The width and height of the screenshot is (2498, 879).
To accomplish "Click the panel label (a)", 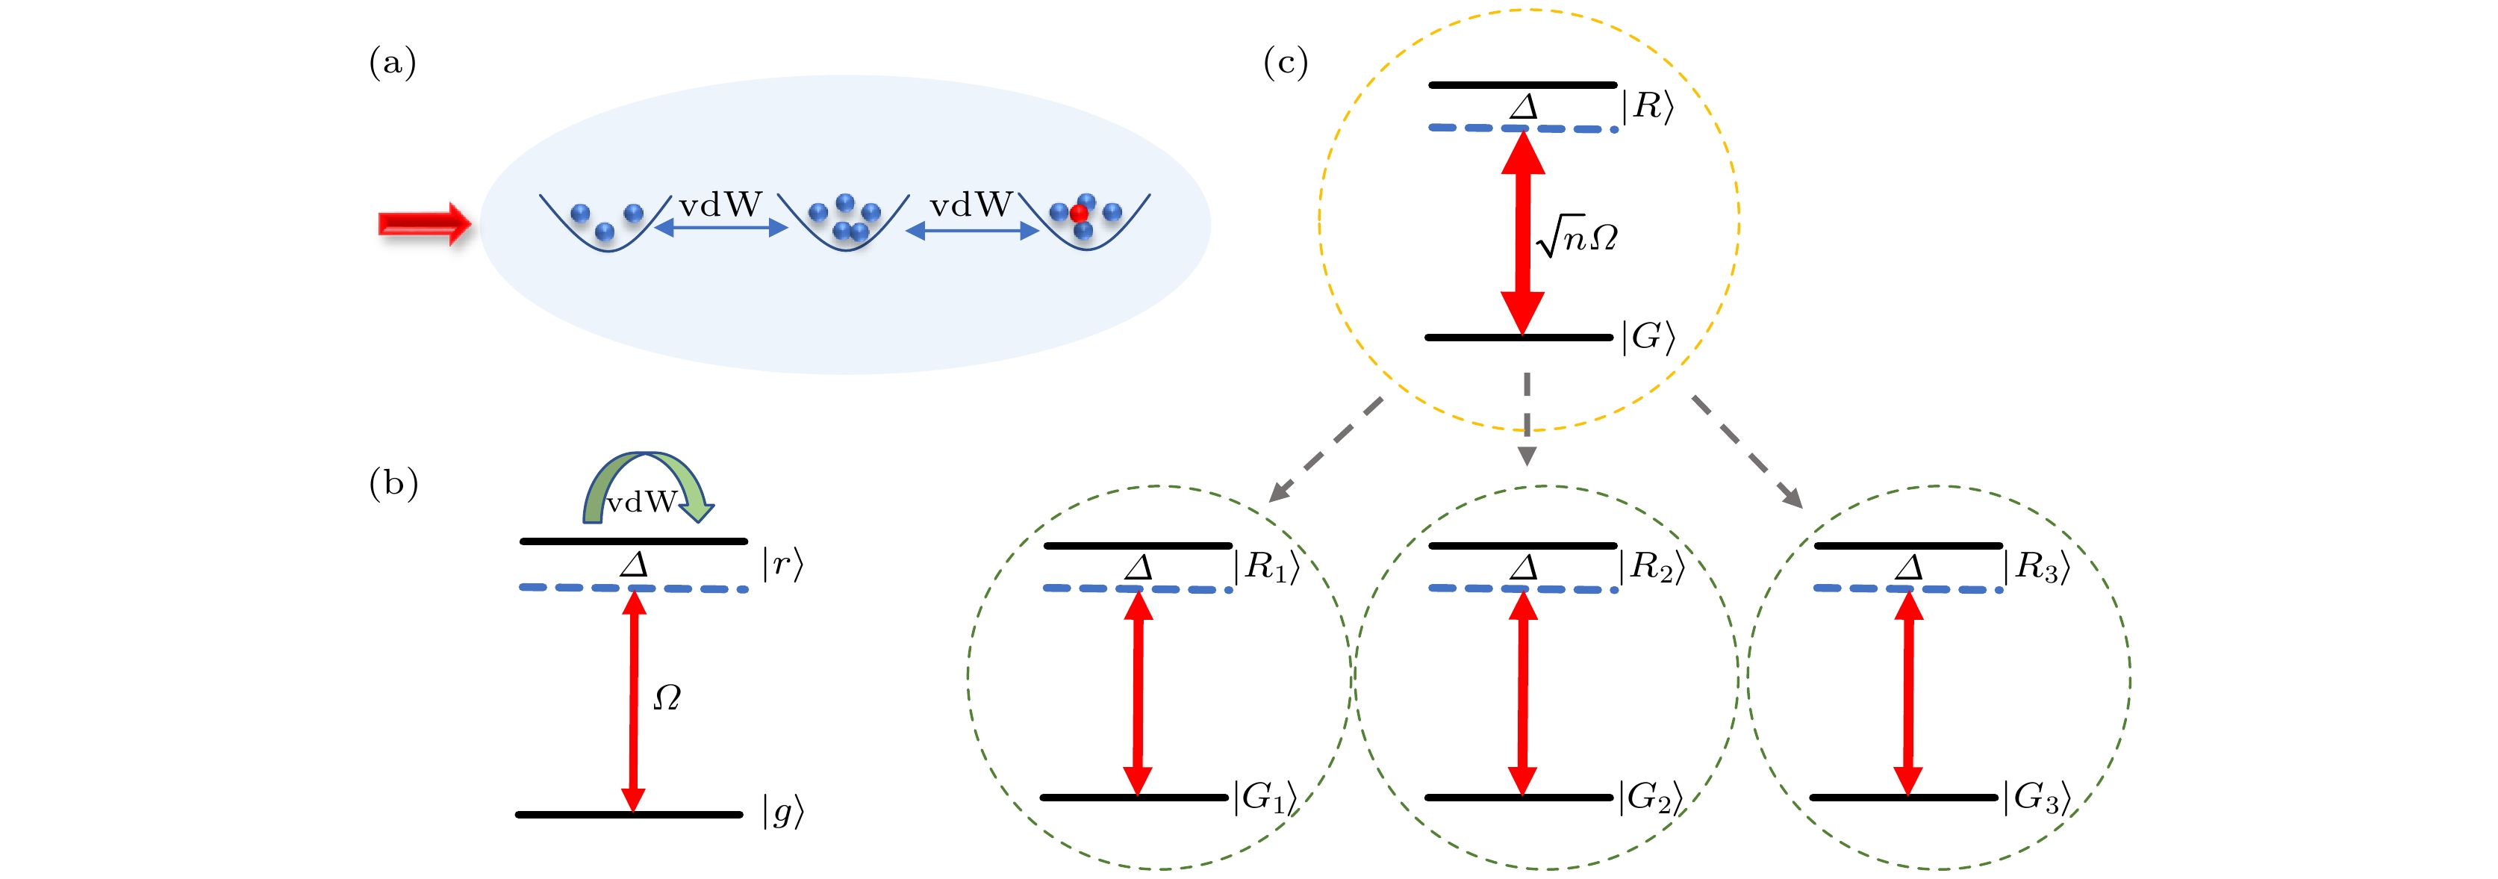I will click(x=393, y=63).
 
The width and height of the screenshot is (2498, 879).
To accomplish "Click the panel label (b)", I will click(x=393, y=482).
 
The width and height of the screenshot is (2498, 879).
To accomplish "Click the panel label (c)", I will click(x=1286, y=63).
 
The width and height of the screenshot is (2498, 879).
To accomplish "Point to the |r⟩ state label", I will click(x=782, y=564).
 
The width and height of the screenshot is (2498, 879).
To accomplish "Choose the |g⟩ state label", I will click(x=782, y=811).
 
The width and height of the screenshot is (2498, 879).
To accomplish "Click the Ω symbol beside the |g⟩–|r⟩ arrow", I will click(x=667, y=697).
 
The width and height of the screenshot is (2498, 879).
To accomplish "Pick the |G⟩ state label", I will click(x=1648, y=337).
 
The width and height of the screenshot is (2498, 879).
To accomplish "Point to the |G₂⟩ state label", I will click(x=1649, y=798).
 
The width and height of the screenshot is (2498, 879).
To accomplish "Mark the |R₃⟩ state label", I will click(x=2037, y=567).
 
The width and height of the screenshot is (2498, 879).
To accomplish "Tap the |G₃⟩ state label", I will click(x=2037, y=798).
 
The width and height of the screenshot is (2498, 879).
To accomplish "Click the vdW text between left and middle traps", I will click(x=720, y=205).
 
